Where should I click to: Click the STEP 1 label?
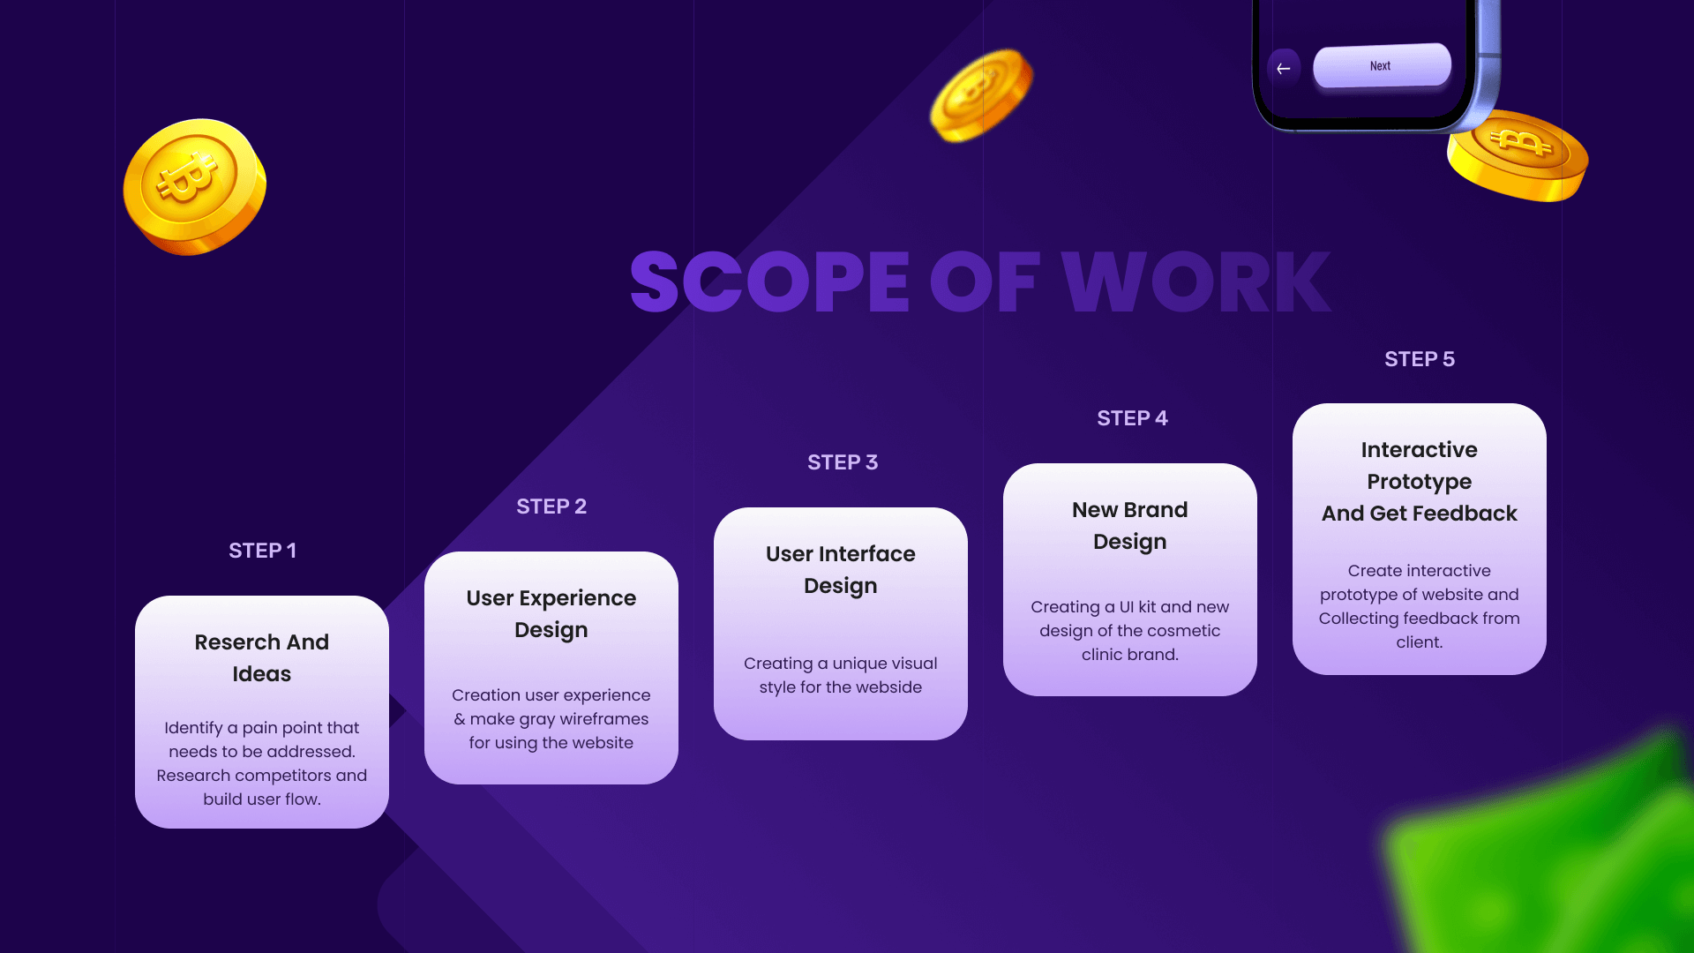[x=262, y=551]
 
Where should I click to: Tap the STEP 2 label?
[x=551, y=507]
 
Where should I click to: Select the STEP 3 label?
[x=843, y=462]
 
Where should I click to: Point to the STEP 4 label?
[x=1132, y=418]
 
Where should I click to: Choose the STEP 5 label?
[x=1420, y=359]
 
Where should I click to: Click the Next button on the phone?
[x=1382, y=66]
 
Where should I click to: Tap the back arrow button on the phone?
[x=1284, y=68]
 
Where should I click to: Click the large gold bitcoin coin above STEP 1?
[x=194, y=186]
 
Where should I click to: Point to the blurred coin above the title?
[x=981, y=95]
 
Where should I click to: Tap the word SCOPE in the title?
[x=769, y=282]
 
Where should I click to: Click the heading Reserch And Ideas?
[x=262, y=658]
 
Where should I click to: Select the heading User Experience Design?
[x=551, y=614]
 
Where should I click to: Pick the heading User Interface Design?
[x=841, y=570]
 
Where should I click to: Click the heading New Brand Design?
[x=1130, y=526]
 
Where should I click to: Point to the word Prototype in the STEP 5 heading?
[x=1420, y=482]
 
